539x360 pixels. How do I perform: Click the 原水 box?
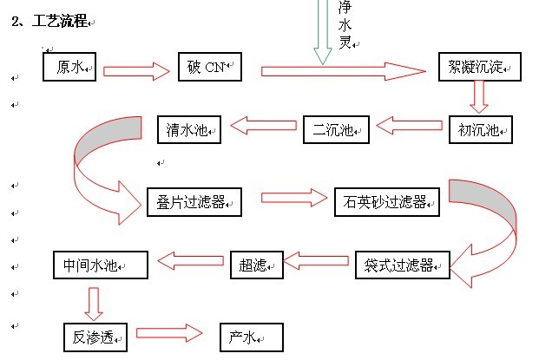[71, 67]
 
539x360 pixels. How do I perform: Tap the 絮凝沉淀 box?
[479, 67]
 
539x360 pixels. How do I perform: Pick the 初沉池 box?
[480, 129]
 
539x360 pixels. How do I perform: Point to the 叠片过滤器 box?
[194, 202]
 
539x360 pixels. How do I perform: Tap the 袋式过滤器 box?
[402, 264]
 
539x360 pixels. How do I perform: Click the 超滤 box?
[257, 264]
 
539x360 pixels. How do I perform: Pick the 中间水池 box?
[100, 264]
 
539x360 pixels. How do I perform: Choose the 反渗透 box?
[95, 337]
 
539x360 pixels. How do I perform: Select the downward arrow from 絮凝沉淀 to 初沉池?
[477, 96]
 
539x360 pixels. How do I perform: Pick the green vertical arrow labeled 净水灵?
[322, 30]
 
